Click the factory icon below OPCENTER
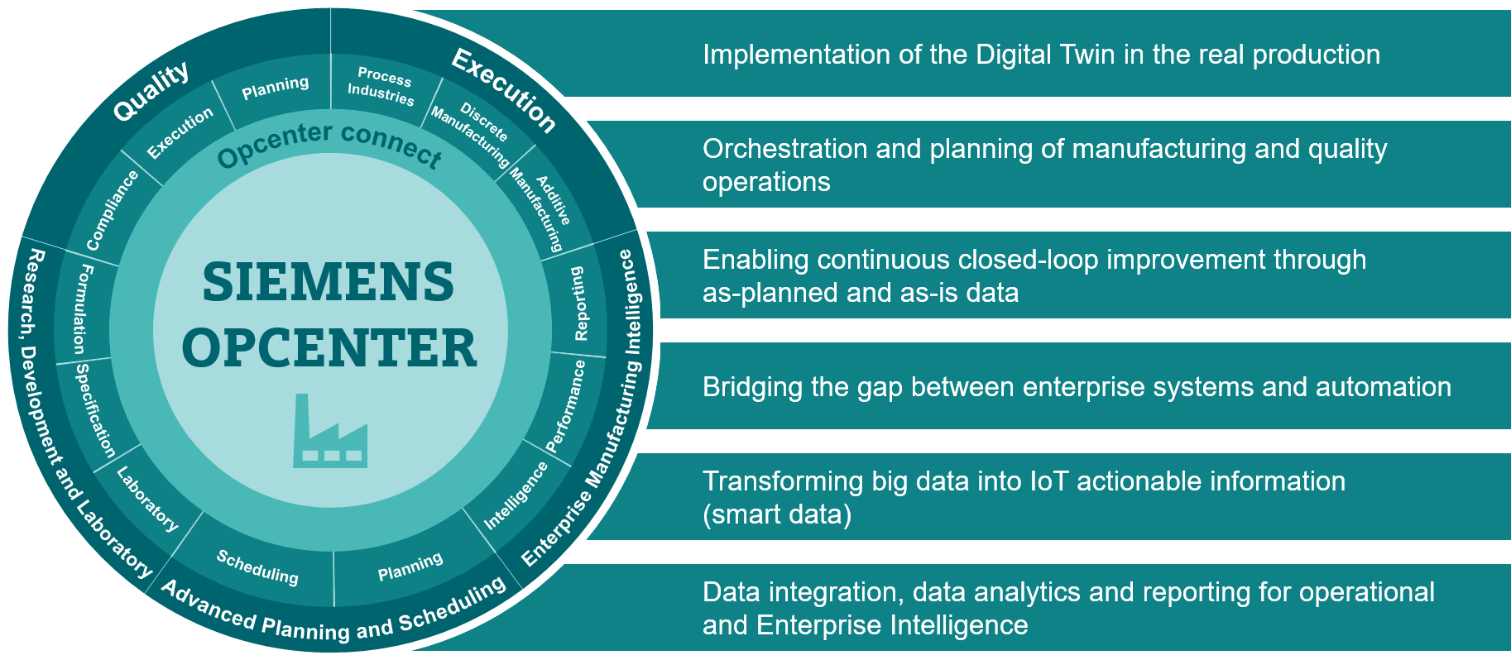[x=329, y=432]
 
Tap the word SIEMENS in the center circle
[x=329, y=282]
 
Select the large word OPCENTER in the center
[x=329, y=347]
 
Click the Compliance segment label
[x=112, y=210]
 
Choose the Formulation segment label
[x=83, y=308]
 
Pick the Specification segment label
[x=96, y=410]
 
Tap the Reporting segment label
[x=579, y=303]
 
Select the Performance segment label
[x=566, y=405]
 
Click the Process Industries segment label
[x=382, y=86]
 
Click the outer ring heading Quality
[x=151, y=91]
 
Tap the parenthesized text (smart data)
[x=777, y=514]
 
